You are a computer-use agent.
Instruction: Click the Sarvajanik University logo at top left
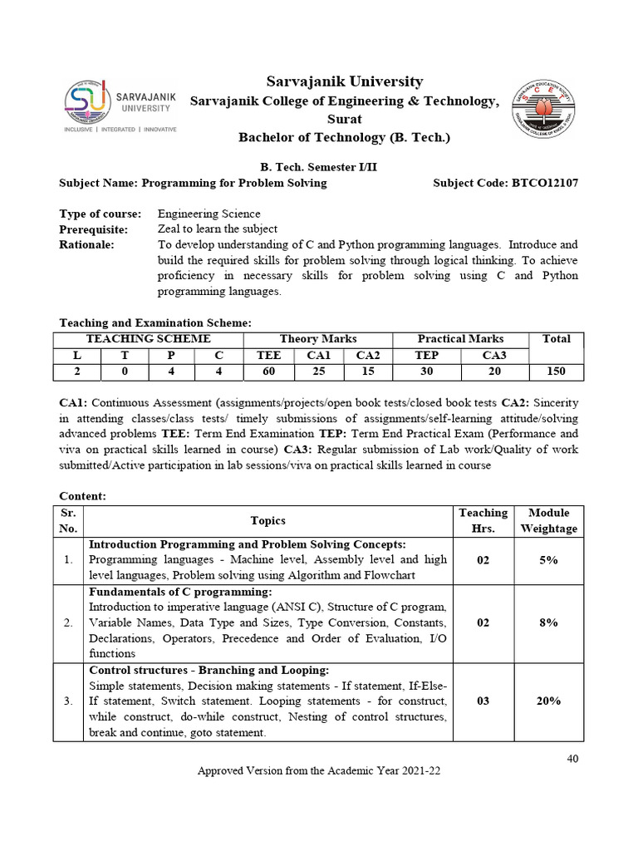[120, 107]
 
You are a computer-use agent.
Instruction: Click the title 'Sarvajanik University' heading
[344, 81]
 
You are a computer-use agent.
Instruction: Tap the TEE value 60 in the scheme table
[268, 371]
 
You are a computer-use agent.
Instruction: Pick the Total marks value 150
[556, 371]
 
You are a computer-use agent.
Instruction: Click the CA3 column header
[494, 355]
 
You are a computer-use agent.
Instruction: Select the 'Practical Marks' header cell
[460, 339]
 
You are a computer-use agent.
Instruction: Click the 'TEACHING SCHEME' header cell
[149, 339]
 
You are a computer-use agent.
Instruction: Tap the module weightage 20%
[548, 701]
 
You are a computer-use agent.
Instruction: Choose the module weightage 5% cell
[548, 560]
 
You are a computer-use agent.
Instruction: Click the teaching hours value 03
[483, 701]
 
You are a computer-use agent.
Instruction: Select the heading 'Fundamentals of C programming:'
[180, 592]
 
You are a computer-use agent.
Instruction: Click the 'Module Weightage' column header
[548, 521]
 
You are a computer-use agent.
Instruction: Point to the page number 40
[573, 759]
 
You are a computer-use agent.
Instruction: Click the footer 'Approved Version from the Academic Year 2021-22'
[318, 771]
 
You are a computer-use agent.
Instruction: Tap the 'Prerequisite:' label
[93, 229]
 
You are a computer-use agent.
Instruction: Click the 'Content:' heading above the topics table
[83, 495]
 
